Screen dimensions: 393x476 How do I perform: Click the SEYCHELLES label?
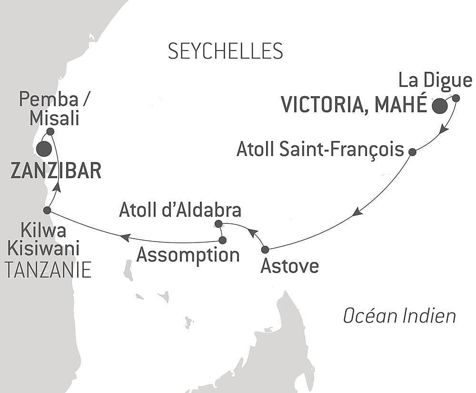click(225, 50)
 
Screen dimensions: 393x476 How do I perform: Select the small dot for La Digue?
click(456, 98)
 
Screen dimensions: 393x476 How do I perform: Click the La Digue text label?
click(435, 81)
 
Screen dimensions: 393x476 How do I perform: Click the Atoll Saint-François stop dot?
click(412, 152)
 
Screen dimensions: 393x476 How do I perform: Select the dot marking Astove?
click(265, 249)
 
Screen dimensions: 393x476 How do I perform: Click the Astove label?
click(289, 266)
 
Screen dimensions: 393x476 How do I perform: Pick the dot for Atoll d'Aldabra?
click(218, 223)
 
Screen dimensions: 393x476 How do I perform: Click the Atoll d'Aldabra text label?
click(180, 210)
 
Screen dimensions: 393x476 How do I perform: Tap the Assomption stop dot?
click(222, 240)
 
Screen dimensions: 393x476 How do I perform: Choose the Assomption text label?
click(188, 255)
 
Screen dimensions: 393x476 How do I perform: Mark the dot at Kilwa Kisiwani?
click(47, 210)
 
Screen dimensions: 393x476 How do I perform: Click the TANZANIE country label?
click(47, 270)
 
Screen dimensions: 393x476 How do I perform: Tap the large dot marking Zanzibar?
click(44, 149)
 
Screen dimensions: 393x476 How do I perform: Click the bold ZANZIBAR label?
click(56, 171)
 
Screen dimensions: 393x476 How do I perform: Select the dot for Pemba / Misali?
click(50, 131)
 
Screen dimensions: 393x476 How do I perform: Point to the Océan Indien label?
click(399, 315)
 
